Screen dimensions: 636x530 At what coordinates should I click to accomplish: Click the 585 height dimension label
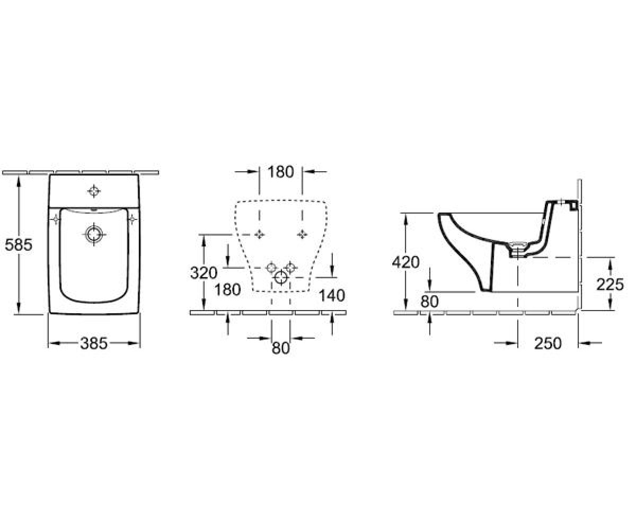pyautogui.click(x=19, y=244)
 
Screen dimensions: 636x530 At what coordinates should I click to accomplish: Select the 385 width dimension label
pyautogui.click(x=94, y=343)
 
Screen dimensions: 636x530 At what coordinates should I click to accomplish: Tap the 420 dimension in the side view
pyautogui.click(x=405, y=262)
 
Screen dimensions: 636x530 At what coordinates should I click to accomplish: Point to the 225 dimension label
pyautogui.click(x=610, y=285)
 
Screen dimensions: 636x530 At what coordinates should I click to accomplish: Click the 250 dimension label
pyautogui.click(x=548, y=343)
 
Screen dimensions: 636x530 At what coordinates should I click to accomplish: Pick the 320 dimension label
pyautogui.click(x=204, y=272)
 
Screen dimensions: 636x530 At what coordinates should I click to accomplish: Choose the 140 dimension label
pyautogui.click(x=332, y=295)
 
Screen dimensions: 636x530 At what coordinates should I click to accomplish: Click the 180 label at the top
pyautogui.click(x=280, y=172)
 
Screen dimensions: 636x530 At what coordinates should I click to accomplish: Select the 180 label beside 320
pyautogui.click(x=227, y=289)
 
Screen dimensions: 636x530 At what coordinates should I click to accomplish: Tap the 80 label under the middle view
pyautogui.click(x=280, y=348)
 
